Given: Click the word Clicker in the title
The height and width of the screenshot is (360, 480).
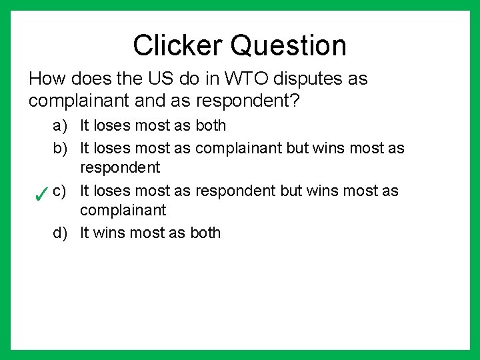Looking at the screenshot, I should pyautogui.click(x=177, y=45).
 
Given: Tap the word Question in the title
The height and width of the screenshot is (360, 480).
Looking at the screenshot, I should pyautogui.click(x=289, y=45).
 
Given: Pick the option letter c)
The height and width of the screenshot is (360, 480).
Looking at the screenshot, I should pyautogui.click(x=60, y=191).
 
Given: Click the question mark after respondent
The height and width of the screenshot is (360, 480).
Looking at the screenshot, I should pyautogui.click(x=295, y=101).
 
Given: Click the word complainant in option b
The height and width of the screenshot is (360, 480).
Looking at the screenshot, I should pyautogui.click(x=238, y=148).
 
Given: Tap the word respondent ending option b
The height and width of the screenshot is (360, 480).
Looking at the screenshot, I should pyautogui.click(x=120, y=167).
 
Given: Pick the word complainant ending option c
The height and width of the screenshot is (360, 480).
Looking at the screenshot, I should pyautogui.click(x=123, y=210).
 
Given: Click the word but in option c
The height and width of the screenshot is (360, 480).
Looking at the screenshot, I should pyautogui.click(x=291, y=191).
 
